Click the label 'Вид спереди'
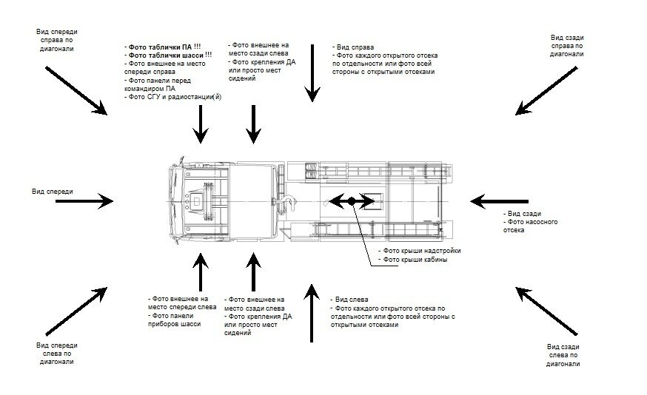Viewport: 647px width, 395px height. (x=52, y=192)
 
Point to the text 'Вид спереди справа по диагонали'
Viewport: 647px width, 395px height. (x=58, y=40)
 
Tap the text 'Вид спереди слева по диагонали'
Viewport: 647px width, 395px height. (x=57, y=354)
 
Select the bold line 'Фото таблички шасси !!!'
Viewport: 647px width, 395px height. (x=170, y=55)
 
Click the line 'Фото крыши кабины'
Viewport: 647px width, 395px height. (x=413, y=260)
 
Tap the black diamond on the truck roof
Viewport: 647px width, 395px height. (x=352, y=200)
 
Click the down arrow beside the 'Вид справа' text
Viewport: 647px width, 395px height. (x=312, y=72)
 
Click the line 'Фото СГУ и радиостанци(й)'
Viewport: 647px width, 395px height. (x=174, y=97)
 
